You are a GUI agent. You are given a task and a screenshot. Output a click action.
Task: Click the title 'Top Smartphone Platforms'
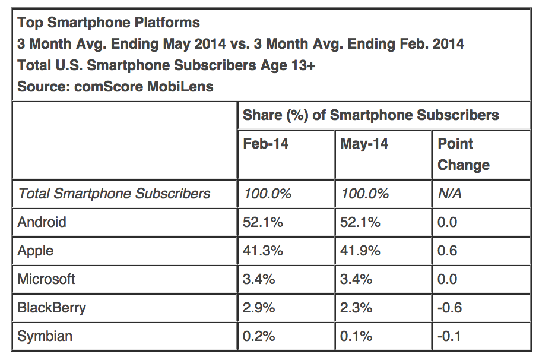pyautogui.click(x=109, y=23)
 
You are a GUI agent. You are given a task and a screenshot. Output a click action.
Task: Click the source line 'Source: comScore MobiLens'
pyautogui.click(x=115, y=87)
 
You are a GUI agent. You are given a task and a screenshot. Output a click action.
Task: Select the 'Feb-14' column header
pyautogui.click(x=265, y=144)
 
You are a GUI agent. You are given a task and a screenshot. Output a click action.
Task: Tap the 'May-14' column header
pyautogui.click(x=364, y=144)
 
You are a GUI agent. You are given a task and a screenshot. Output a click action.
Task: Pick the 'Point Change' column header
pyautogui.click(x=464, y=154)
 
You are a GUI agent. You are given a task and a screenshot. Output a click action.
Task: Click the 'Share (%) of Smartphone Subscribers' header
pyautogui.click(x=370, y=115)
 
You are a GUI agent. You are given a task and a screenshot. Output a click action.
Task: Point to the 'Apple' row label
pyautogui.click(x=36, y=251)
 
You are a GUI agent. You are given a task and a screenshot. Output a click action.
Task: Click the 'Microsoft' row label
pyautogui.click(x=46, y=279)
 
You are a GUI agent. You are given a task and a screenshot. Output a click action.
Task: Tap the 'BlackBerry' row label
pyautogui.click(x=52, y=308)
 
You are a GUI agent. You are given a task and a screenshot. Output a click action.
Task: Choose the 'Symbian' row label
pyautogui.click(x=45, y=336)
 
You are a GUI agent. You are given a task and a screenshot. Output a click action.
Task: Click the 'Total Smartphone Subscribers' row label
pyautogui.click(x=114, y=194)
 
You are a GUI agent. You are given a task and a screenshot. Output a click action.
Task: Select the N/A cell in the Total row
pyautogui.click(x=449, y=194)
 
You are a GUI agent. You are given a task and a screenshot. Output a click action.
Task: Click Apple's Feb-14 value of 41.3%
pyautogui.click(x=263, y=251)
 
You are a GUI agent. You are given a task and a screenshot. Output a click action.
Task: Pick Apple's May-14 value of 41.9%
pyautogui.click(x=360, y=251)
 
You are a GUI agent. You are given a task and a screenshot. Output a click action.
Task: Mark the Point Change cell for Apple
pyautogui.click(x=448, y=251)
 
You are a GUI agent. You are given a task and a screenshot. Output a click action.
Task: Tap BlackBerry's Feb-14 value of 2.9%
pyautogui.click(x=259, y=308)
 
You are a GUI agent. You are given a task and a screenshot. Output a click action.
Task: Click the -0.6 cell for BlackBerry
pyautogui.click(x=449, y=308)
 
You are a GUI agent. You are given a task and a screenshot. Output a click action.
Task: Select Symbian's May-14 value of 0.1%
pyautogui.click(x=356, y=336)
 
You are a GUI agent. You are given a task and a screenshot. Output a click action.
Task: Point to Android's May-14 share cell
pyautogui.click(x=360, y=222)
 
